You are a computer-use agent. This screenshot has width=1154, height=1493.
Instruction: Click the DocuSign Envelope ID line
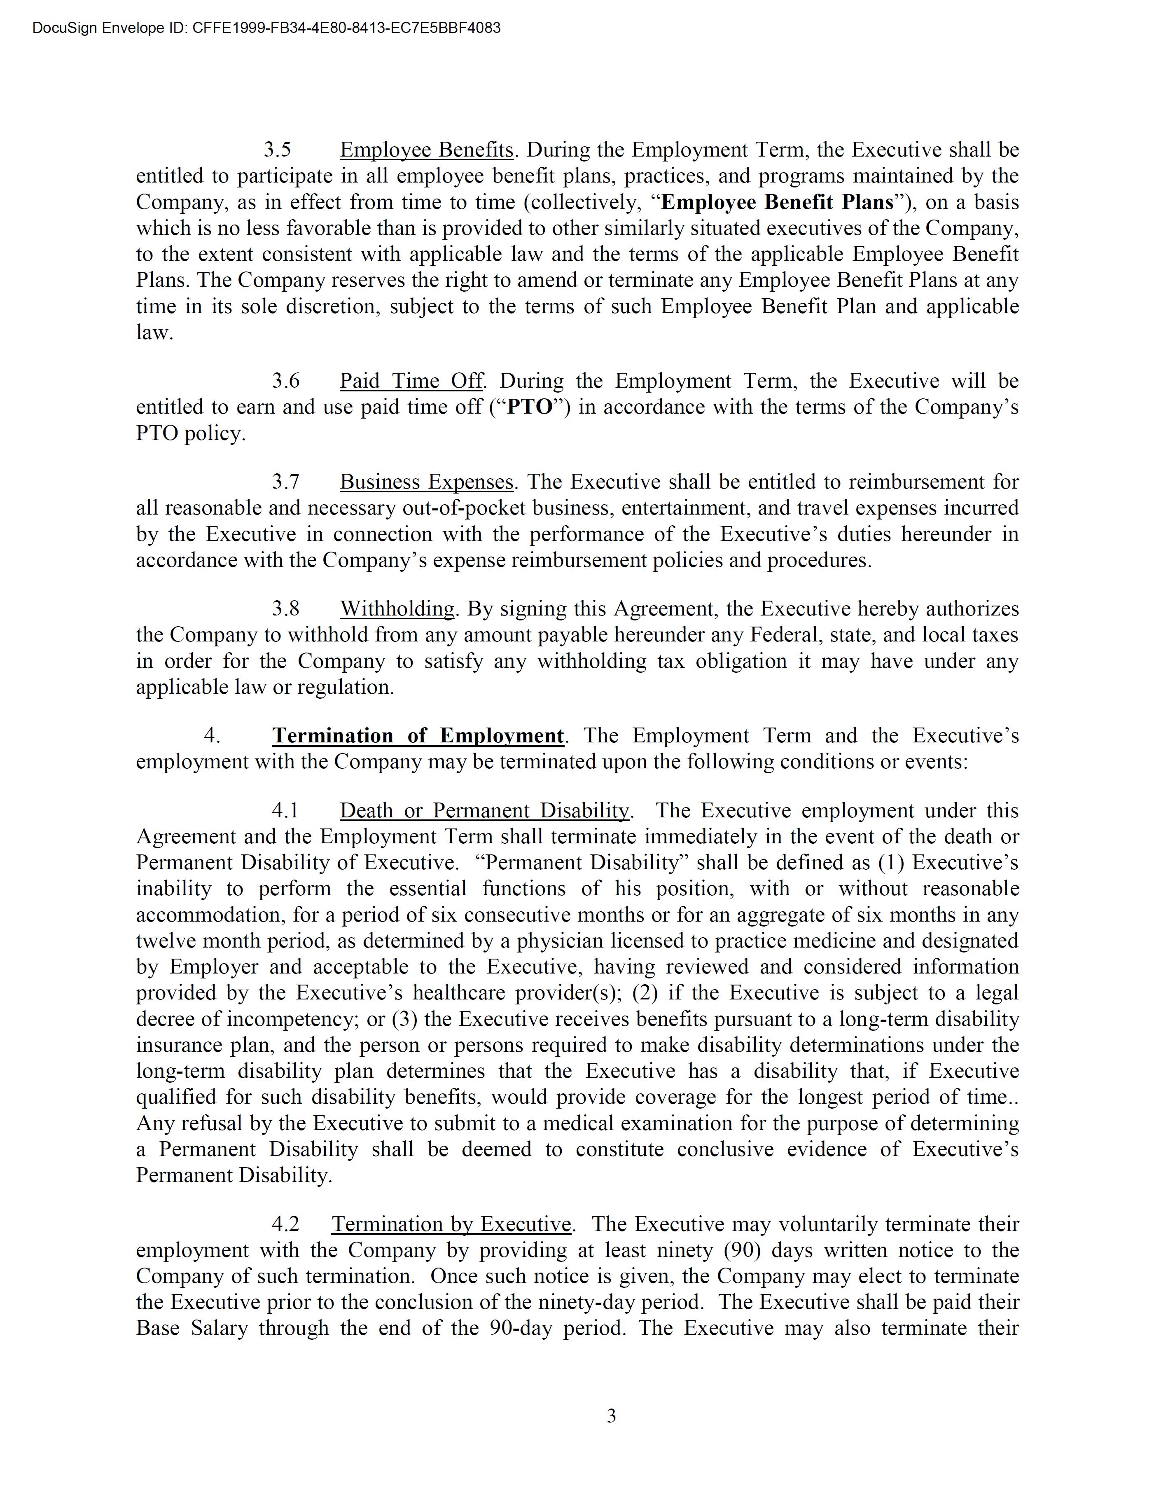(x=266, y=28)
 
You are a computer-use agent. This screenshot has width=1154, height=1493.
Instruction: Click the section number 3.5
(x=278, y=150)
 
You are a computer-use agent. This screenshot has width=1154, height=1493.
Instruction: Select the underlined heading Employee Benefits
(x=426, y=150)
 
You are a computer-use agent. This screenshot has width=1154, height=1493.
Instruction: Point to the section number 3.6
(x=285, y=381)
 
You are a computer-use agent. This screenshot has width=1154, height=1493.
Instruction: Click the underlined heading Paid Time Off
(x=412, y=381)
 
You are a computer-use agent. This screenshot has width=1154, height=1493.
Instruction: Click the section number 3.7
(x=285, y=482)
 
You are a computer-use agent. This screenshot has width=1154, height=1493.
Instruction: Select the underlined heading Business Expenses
(x=426, y=482)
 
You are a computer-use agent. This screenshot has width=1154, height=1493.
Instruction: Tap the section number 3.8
(x=285, y=608)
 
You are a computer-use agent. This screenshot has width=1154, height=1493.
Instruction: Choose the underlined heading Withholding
(x=397, y=608)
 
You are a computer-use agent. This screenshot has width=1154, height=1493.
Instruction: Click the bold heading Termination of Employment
(x=418, y=735)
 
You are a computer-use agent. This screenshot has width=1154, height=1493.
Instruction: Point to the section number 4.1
(x=285, y=811)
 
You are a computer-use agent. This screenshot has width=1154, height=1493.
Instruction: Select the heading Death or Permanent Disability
(x=484, y=811)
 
